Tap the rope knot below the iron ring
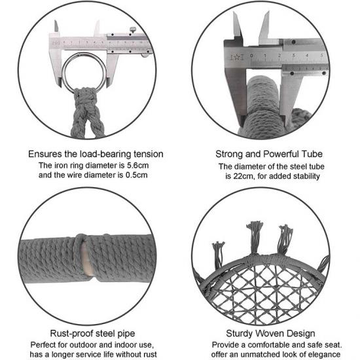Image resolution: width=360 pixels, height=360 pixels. [x=85, y=96]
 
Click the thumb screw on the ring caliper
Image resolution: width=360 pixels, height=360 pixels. [x=133, y=29]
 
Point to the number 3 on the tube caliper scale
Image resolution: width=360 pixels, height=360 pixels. [x=293, y=56]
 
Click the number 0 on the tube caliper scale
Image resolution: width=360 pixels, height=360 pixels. [x=251, y=56]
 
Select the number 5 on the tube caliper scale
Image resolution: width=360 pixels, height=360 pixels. [x=321, y=56]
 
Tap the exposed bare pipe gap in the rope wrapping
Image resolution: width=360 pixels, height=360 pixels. [x=86, y=259]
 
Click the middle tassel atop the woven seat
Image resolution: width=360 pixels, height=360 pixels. [x=254, y=238]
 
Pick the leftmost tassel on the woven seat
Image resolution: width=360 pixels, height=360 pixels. [x=218, y=255]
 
